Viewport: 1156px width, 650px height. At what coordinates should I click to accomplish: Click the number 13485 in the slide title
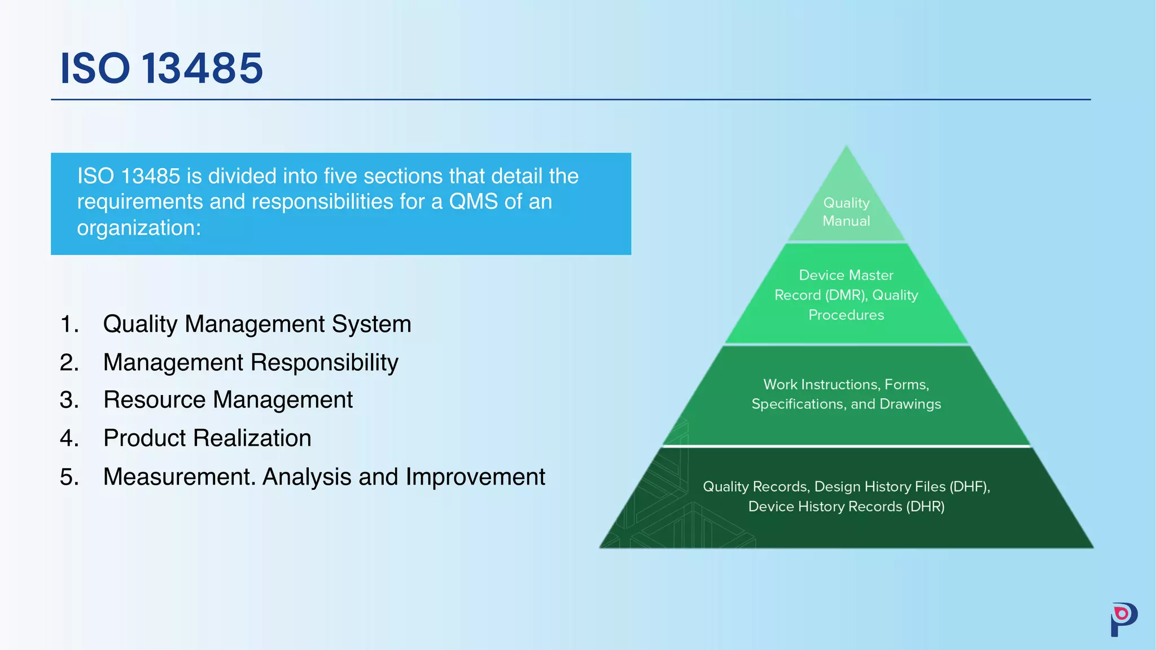[x=202, y=68]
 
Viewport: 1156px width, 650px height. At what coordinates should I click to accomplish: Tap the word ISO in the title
[x=95, y=68]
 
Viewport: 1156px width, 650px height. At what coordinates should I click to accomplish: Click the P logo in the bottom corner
[x=1123, y=619]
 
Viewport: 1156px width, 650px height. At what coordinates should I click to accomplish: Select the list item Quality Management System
[x=257, y=324]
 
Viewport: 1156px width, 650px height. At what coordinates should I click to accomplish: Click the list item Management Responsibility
[x=251, y=362]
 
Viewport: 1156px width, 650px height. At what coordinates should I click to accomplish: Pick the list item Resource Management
[x=228, y=399]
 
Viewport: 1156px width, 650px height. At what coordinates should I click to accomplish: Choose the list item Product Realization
[x=207, y=438]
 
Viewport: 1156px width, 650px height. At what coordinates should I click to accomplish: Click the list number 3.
[x=68, y=400]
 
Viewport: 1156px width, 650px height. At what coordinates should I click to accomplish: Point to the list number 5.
[x=68, y=477]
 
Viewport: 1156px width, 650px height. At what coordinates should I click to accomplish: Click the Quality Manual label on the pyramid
[x=846, y=212]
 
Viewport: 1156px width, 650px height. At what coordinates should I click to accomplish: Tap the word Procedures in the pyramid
[x=846, y=315]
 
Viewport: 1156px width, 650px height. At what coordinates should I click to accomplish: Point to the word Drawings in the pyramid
[x=910, y=404]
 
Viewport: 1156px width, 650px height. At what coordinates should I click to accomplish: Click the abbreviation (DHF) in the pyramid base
[x=969, y=486]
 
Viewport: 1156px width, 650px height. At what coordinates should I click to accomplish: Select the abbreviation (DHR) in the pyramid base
[x=925, y=506]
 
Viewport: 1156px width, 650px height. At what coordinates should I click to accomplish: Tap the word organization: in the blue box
[x=139, y=228]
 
